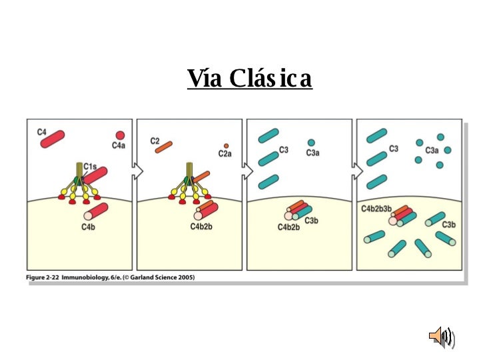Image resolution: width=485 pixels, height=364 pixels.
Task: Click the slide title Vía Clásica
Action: (249, 79)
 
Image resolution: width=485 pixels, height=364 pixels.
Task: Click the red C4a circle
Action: (120, 135)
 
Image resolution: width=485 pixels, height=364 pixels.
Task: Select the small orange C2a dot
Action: (227, 145)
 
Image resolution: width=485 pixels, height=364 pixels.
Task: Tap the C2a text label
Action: (225, 154)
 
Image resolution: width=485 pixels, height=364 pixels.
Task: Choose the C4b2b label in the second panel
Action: (201, 227)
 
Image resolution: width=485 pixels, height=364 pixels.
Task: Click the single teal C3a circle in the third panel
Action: (311, 143)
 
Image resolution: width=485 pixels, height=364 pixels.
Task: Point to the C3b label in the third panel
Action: (311, 221)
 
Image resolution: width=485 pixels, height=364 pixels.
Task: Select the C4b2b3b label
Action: (376, 208)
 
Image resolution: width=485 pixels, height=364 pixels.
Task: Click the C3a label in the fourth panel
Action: (432, 151)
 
